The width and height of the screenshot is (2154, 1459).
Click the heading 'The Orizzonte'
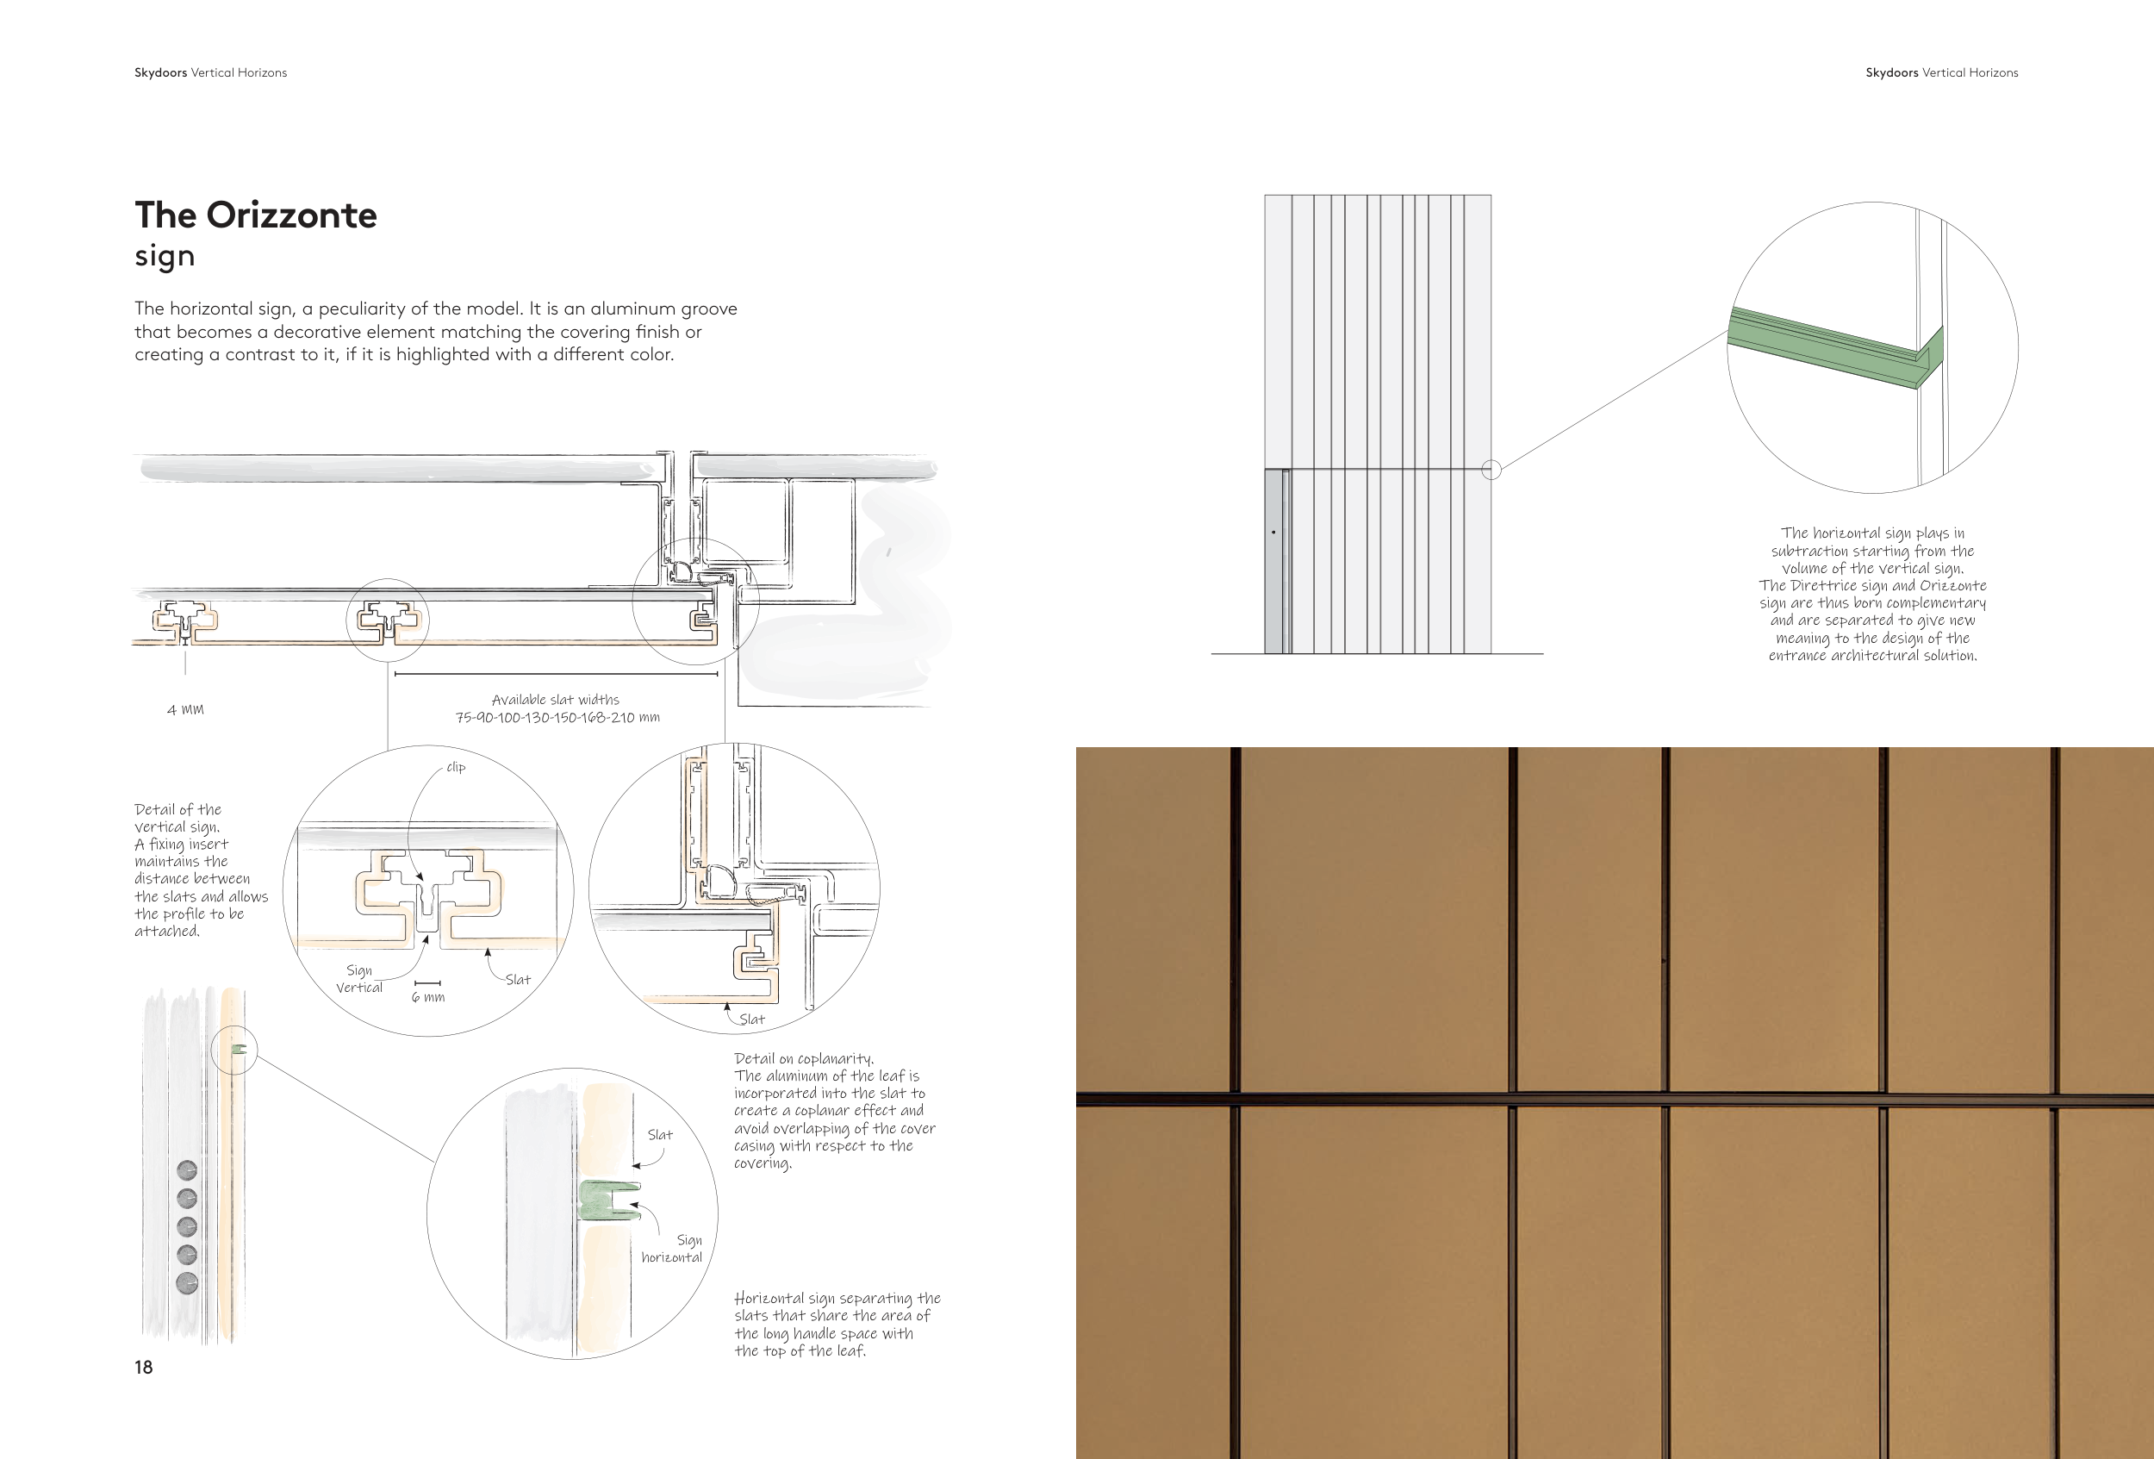click(x=256, y=215)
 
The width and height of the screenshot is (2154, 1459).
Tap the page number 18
click(x=144, y=1368)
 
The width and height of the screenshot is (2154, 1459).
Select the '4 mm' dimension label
click(x=185, y=710)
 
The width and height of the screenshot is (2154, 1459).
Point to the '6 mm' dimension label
click(x=428, y=997)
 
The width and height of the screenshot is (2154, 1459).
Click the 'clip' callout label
click(x=456, y=768)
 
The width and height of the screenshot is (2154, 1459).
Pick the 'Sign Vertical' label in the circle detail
click(x=359, y=979)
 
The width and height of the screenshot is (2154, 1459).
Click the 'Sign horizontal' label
click(x=673, y=1249)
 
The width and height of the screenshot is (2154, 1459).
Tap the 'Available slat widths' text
click(x=555, y=700)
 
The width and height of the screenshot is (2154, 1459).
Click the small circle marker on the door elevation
click(x=1491, y=470)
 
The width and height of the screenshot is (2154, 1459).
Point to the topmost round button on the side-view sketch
click(x=186, y=1170)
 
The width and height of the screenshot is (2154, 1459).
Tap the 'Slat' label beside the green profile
click(x=660, y=1135)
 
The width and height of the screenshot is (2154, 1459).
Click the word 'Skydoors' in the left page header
click(x=160, y=72)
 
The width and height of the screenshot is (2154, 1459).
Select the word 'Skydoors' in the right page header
click(x=1892, y=72)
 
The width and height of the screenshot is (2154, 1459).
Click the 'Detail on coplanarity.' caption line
click(x=804, y=1058)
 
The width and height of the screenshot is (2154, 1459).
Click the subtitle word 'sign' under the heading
click(x=165, y=256)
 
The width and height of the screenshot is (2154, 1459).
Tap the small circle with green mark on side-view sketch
click(x=233, y=1051)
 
